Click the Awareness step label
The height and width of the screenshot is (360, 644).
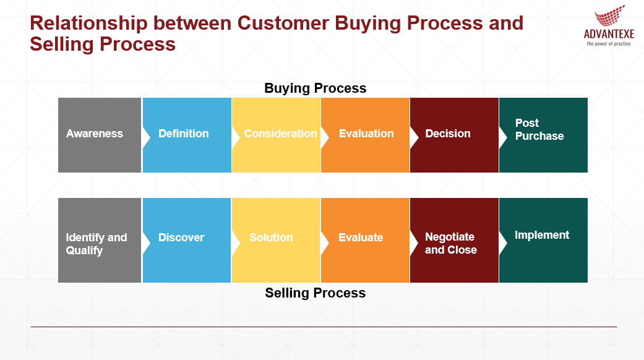click(x=95, y=134)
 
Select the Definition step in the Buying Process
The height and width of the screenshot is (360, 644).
click(x=183, y=134)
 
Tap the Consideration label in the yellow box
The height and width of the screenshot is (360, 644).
click(x=280, y=134)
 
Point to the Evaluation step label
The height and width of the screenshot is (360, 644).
click(x=366, y=134)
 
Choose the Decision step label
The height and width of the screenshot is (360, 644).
click(x=448, y=134)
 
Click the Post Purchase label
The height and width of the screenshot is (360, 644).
click(x=539, y=129)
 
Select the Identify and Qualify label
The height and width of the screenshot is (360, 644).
click(x=96, y=244)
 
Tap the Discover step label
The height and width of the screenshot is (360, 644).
click(x=181, y=238)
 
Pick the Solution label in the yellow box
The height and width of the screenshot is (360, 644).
click(x=271, y=238)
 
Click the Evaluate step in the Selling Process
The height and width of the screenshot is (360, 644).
click(x=361, y=238)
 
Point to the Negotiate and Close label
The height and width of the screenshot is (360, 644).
click(x=450, y=243)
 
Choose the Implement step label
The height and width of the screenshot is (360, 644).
click(x=542, y=235)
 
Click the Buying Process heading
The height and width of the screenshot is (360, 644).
click(x=315, y=88)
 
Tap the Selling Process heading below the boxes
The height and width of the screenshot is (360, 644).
click(x=315, y=293)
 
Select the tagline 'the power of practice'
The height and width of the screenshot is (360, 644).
click(x=609, y=44)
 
